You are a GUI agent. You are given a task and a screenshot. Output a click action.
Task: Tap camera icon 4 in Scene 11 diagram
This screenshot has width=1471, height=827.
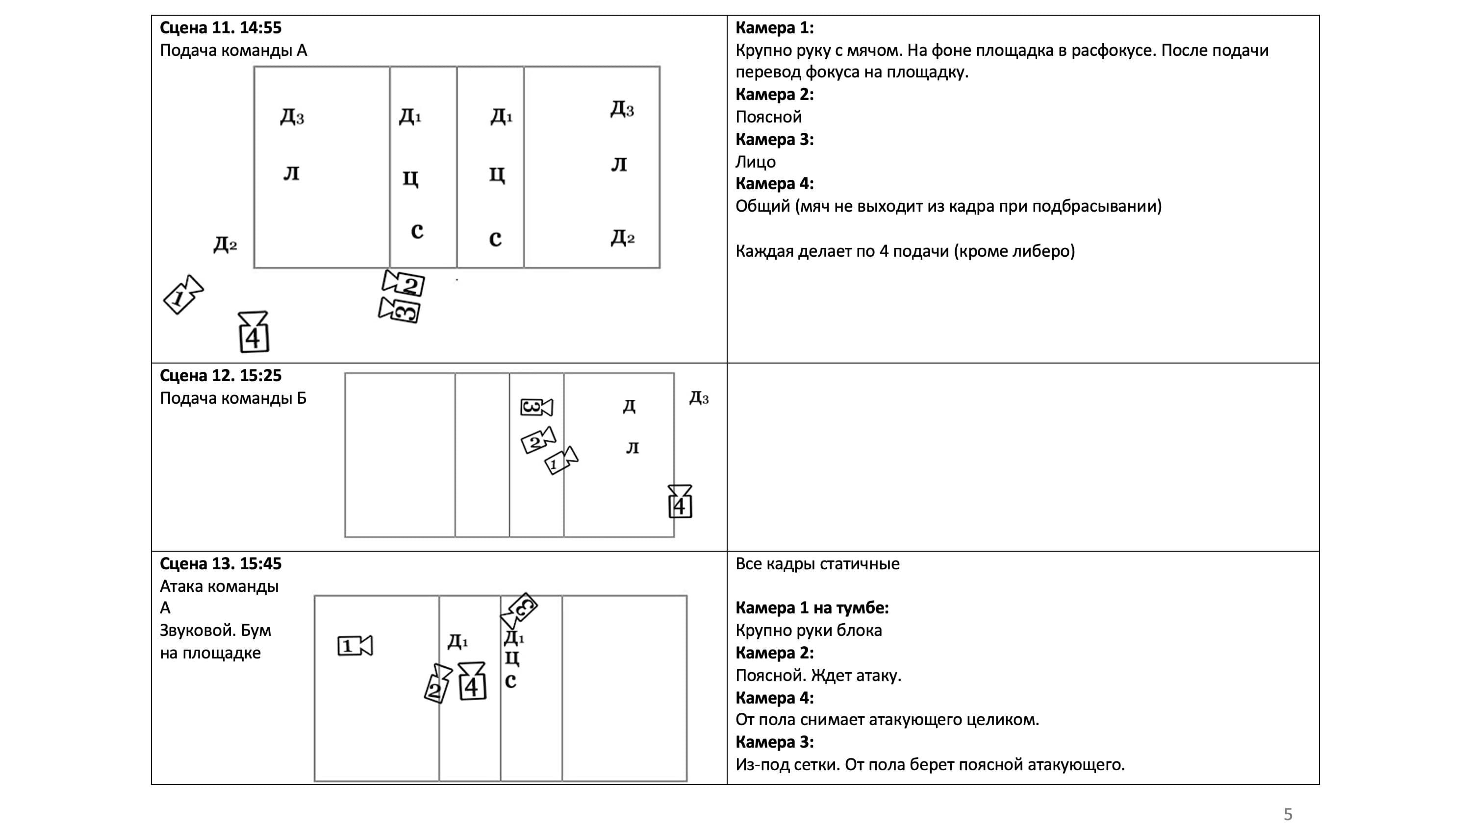pos(254,332)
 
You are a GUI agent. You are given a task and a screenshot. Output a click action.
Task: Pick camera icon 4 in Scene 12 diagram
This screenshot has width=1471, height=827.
pos(680,502)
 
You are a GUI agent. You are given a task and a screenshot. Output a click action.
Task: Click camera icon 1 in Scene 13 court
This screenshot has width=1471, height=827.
pos(355,646)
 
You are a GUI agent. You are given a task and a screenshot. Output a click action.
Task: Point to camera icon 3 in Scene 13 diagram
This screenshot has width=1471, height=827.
pos(520,610)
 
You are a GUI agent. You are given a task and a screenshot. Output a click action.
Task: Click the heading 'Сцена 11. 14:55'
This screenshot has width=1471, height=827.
pos(221,27)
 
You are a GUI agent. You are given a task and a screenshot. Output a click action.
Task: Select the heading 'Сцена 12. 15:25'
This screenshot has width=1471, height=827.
pos(221,376)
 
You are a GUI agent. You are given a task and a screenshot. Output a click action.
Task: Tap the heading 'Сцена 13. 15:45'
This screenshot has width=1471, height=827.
pos(221,564)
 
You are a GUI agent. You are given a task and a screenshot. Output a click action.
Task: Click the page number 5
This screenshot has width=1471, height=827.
pos(1288,814)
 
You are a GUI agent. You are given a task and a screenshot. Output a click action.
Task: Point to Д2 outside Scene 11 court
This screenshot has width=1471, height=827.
pos(225,245)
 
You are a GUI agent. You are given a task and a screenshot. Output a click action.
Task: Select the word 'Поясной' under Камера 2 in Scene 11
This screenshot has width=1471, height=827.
pos(768,117)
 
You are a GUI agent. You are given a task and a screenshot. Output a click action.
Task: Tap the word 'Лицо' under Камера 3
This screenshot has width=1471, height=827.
pos(755,162)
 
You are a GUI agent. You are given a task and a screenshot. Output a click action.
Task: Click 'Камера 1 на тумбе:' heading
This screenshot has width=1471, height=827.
pos(812,608)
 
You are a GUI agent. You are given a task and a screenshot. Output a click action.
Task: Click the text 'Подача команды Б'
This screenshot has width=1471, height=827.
pos(233,398)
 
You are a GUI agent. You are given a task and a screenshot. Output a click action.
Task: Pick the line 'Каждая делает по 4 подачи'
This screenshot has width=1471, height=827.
pos(905,251)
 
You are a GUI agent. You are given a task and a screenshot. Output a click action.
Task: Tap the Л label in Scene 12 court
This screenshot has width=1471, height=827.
pos(632,448)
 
